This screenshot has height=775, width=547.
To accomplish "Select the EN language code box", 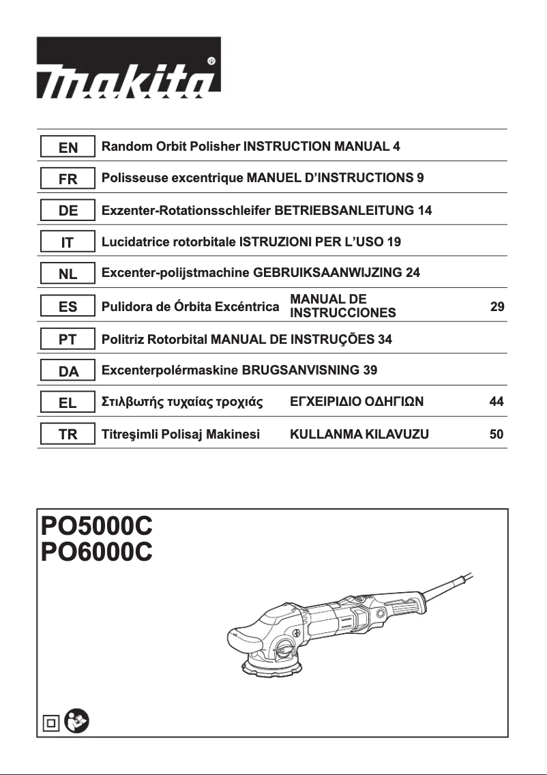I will pos(67,147).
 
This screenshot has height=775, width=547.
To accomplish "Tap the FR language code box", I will pos(67,179).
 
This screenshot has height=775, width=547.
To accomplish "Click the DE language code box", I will pos(67,211).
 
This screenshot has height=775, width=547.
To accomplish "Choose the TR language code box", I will pos(67,434).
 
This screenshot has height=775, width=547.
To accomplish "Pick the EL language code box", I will pos(67,403).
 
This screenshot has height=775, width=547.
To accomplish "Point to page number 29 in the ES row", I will pos(497,307).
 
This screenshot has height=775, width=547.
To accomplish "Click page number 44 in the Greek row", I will pos(497,402).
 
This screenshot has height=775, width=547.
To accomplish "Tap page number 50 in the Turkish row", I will pos(497,434).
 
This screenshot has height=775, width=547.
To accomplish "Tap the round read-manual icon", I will pos(76,720).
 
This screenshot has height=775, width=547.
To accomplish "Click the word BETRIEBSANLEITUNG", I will pos(344,211).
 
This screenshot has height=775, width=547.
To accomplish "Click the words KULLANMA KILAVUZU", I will pos(359,434).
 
